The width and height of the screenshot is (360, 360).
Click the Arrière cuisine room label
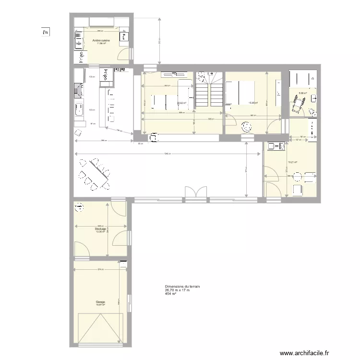[x=101, y=41]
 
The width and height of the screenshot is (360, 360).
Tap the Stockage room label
[x=100, y=229]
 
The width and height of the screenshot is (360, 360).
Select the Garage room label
[x=100, y=302]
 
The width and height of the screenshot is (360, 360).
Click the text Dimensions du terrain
[x=182, y=287]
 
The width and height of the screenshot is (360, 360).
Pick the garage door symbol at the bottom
[x=100, y=328]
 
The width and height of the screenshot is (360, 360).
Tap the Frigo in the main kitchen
[x=104, y=74]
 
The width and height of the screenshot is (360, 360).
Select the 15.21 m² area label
[x=292, y=162]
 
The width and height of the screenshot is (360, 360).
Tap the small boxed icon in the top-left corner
[x=45, y=33]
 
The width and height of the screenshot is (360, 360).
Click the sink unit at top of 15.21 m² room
[x=276, y=146]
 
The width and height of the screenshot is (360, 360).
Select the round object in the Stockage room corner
[x=78, y=207]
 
